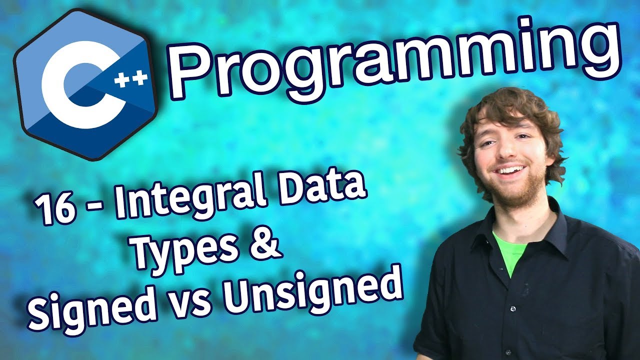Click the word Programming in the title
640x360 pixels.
pos(395,62)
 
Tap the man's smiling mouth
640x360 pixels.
pos(510,171)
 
